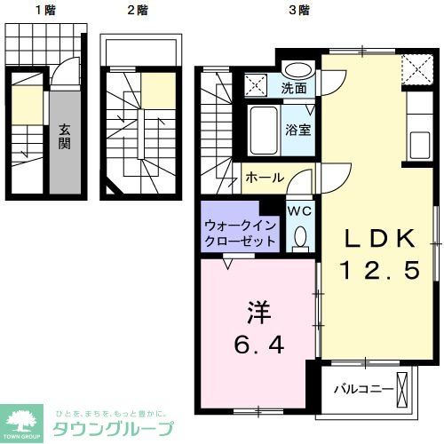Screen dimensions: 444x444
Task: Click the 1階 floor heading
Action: pos(44,11)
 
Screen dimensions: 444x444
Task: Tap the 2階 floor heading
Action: pos(138,11)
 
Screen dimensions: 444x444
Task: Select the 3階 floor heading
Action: pos(299,11)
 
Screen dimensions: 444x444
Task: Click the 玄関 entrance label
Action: pos(65,136)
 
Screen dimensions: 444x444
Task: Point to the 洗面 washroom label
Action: pos(295,89)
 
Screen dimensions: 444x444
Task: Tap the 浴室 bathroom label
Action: pos(298,130)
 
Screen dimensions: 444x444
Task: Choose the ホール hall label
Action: pos(265,177)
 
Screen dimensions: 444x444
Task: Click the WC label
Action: pos(297,210)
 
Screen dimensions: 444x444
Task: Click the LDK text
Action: pos(380,237)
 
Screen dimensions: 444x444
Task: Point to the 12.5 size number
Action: pos(380,270)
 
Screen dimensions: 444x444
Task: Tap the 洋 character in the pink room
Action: pos(258,312)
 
